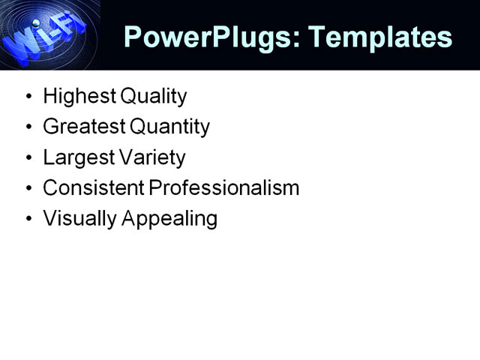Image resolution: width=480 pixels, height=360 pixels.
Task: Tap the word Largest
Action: pos(74,157)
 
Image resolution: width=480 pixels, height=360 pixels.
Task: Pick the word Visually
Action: pos(74,219)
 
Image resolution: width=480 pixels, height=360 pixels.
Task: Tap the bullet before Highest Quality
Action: pos(28,97)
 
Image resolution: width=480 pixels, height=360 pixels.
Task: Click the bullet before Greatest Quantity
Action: pos(28,127)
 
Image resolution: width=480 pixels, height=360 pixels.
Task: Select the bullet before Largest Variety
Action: pos(28,158)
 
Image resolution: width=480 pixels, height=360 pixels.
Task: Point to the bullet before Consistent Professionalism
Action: pos(28,188)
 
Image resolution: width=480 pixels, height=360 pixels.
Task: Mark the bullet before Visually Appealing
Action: pos(28,219)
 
